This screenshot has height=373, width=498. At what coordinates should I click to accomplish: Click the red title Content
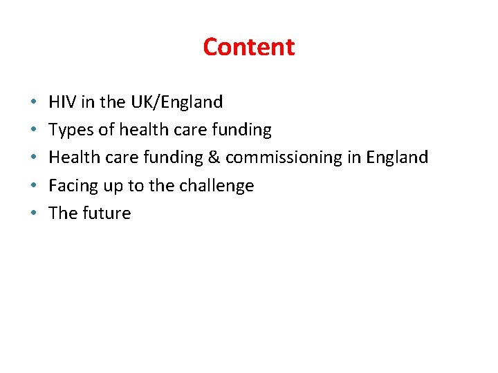coord(249,47)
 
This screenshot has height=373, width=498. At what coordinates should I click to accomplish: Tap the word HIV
coord(62,102)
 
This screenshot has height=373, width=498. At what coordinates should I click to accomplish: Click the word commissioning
coord(284,157)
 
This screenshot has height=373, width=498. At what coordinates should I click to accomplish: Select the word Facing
coord(69,186)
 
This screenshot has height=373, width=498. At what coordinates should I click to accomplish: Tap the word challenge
coord(216,186)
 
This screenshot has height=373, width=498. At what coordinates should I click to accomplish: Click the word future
coord(107,213)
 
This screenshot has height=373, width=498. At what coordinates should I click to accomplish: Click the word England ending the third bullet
coord(397,157)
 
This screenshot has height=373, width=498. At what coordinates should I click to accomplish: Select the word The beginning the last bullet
coord(63,213)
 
